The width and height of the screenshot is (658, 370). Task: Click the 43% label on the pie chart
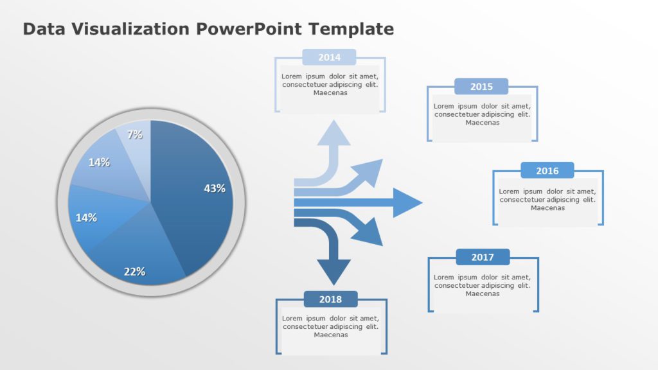pyautogui.click(x=215, y=188)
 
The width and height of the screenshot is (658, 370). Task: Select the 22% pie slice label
pyautogui.click(x=134, y=271)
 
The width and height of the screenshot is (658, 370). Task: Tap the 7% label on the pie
pyautogui.click(x=135, y=135)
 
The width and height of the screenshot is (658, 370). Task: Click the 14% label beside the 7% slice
pyautogui.click(x=99, y=163)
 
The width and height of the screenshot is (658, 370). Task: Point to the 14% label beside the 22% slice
pyautogui.click(x=86, y=218)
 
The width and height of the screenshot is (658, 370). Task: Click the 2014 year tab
pyautogui.click(x=329, y=57)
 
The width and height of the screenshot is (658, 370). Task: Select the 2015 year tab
pyautogui.click(x=481, y=87)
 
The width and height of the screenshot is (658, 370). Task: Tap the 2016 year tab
pyautogui.click(x=547, y=171)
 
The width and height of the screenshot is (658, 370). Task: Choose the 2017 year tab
pyautogui.click(x=483, y=257)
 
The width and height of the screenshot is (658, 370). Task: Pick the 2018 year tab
pyautogui.click(x=330, y=299)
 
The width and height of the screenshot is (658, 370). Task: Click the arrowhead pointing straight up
pyautogui.click(x=334, y=132)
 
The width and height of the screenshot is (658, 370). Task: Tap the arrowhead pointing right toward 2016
pyautogui.click(x=407, y=203)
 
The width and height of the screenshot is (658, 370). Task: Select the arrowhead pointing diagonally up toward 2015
pyautogui.click(x=371, y=171)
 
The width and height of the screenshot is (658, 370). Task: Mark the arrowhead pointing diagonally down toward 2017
pyautogui.click(x=371, y=233)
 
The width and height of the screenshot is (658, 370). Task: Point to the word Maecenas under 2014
pyautogui.click(x=330, y=92)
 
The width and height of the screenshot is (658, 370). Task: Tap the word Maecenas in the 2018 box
pyautogui.click(x=331, y=335)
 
